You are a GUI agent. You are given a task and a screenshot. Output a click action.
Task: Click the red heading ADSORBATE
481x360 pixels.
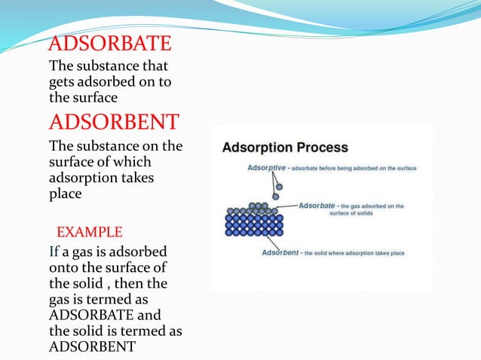pyautogui.click(x=110, y=44)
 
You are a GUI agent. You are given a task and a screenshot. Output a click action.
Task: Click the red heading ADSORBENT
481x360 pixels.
pyautogui.click(x=114, y=121)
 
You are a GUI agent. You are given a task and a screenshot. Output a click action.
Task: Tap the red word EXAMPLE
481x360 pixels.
pyautogui.click(x=90, y=230)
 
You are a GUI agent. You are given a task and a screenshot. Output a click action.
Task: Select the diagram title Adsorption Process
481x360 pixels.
pyautogui.click(x=285, y=148)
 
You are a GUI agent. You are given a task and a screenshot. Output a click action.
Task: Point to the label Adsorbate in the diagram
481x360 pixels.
pyautogui.click(x=317, y=206)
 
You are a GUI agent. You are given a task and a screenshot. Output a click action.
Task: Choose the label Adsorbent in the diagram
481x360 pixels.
pyautogui.click(x=280, y=253)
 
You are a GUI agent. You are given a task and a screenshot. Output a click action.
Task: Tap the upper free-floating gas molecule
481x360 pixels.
pyautogui.click(x=279, y=186)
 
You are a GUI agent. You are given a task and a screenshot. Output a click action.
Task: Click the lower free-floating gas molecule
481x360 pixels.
pyautogui.click(x=276, y=197)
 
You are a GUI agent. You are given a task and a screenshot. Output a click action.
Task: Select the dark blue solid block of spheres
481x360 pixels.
pyautogui.click(x=254, y=224)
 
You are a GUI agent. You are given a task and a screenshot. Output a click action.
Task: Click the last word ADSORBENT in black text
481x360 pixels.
pyautogui.click(x=92, y=346)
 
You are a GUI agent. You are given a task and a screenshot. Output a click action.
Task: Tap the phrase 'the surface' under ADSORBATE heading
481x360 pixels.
pyautogui.click(x=83, y=97)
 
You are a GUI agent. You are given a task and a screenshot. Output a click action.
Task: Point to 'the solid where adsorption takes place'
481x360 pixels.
pyautogui.click(x=357, y=253)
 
